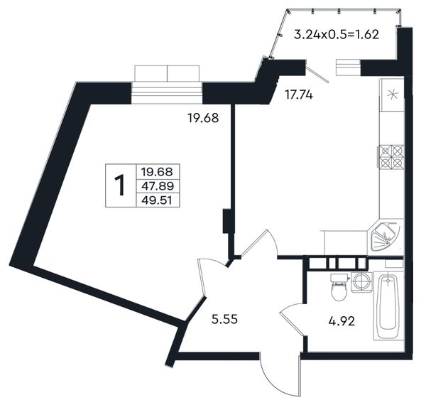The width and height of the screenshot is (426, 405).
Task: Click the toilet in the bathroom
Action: point(339,287)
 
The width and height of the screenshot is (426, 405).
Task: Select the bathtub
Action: point(388,306)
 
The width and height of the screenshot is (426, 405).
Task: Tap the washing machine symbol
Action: point(361,282)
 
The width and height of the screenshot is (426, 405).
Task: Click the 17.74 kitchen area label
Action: point(299,95)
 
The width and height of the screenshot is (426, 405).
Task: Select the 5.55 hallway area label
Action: point(224,319)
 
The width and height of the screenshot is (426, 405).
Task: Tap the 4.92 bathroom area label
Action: point(342,322)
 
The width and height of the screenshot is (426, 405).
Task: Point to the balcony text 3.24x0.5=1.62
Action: point(337,35)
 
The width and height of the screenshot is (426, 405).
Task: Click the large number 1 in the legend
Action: point(119,185)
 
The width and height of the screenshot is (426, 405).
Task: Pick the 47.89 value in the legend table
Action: point(158,186)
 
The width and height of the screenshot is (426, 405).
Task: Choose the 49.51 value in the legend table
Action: point(157,200)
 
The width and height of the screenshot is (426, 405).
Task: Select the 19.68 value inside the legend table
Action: point(157,172)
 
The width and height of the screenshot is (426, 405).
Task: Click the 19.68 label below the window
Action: point(203,118)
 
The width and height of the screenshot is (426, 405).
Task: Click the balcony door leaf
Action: point(317,71)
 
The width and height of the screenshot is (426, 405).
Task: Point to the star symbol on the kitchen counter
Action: point(393,94)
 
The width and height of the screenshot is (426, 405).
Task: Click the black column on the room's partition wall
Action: point(226,221)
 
